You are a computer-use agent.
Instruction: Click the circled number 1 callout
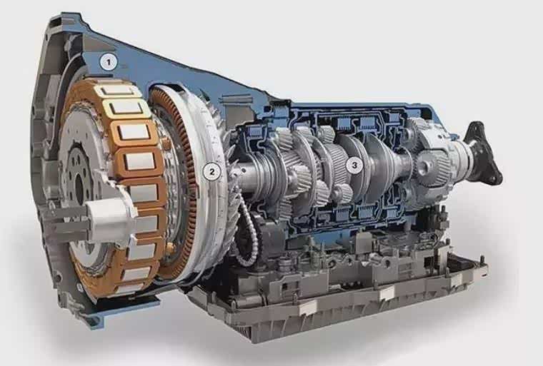coord(109,63)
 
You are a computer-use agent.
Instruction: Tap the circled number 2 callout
coord(211,171)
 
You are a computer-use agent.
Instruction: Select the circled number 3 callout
coord(354,166)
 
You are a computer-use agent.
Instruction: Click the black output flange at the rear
coord(482,156)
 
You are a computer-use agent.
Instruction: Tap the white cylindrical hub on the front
coord(110,217)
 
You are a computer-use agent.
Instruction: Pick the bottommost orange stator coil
coord(134,286)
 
